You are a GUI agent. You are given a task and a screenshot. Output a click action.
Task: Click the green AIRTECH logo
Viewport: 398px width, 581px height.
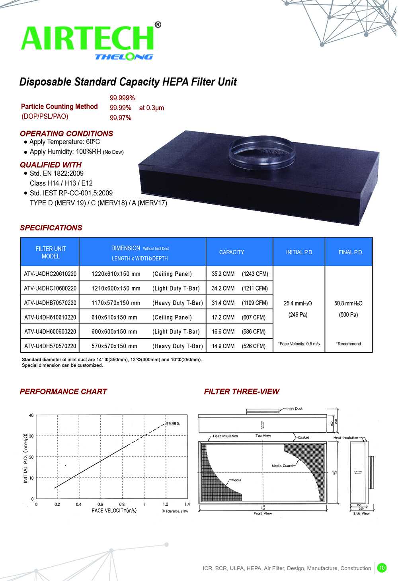[88, 38]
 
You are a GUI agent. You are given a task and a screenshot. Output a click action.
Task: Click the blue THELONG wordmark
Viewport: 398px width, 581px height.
[124, 57]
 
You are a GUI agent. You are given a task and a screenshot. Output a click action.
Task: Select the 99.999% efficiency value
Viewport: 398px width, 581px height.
[122, 98]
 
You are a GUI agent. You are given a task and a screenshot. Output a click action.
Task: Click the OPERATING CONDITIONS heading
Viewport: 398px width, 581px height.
[66, 134]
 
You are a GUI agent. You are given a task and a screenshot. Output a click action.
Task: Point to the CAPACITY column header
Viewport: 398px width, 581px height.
[232, 252]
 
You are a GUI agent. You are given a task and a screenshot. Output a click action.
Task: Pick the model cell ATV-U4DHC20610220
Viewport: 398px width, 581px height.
[50, 274]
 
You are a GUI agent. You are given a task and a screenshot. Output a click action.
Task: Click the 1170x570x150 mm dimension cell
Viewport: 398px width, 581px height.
[116, 303]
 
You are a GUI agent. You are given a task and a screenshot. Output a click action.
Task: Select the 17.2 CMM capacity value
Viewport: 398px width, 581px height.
[223, 317]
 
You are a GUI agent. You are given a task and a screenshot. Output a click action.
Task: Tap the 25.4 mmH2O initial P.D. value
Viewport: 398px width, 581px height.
[298, 303]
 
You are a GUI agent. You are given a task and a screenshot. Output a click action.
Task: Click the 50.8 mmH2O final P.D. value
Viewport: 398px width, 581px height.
[348, 303]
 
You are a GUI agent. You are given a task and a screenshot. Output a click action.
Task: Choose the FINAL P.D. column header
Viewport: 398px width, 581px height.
[351, 252]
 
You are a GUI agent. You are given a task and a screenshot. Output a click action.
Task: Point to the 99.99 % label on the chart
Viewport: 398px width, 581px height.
[173, 423]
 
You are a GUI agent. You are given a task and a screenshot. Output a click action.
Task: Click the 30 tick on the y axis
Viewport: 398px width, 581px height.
[31, 436]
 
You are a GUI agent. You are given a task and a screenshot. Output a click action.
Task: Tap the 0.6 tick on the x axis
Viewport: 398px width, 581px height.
[100, 504]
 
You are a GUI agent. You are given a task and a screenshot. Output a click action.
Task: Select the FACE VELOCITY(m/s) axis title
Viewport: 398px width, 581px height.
[114, 511]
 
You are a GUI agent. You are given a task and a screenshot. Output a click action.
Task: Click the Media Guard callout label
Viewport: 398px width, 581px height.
[282, 466]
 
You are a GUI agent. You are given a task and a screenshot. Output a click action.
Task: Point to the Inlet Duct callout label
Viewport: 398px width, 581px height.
[295, 409]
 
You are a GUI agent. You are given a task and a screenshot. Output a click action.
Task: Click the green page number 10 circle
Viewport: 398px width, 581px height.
[382, 567]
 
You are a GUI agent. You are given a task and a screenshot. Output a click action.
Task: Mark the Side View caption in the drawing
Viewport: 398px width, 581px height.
[361, 513]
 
